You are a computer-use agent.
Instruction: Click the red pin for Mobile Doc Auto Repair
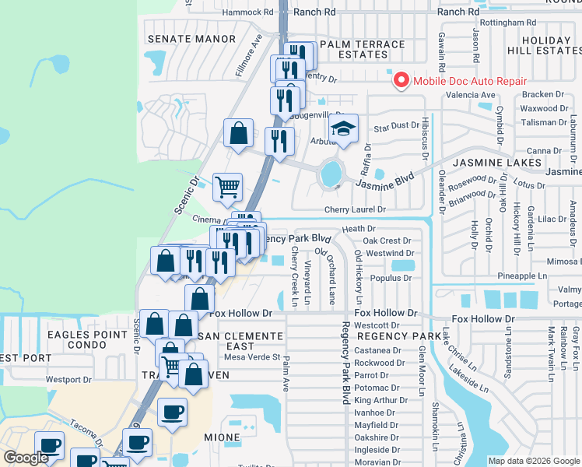point(401,80)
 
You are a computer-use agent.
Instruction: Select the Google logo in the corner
point(26,458)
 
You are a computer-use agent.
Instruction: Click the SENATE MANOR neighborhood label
point(191,39)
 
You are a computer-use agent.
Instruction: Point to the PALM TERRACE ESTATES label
point(363,50)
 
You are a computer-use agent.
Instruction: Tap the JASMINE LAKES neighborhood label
point(497,162)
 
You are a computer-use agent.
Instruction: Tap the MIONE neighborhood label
point(222,437)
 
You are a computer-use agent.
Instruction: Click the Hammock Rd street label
point(248,12)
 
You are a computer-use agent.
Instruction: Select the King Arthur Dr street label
point(381,400)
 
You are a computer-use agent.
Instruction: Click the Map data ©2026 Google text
point(533,461)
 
